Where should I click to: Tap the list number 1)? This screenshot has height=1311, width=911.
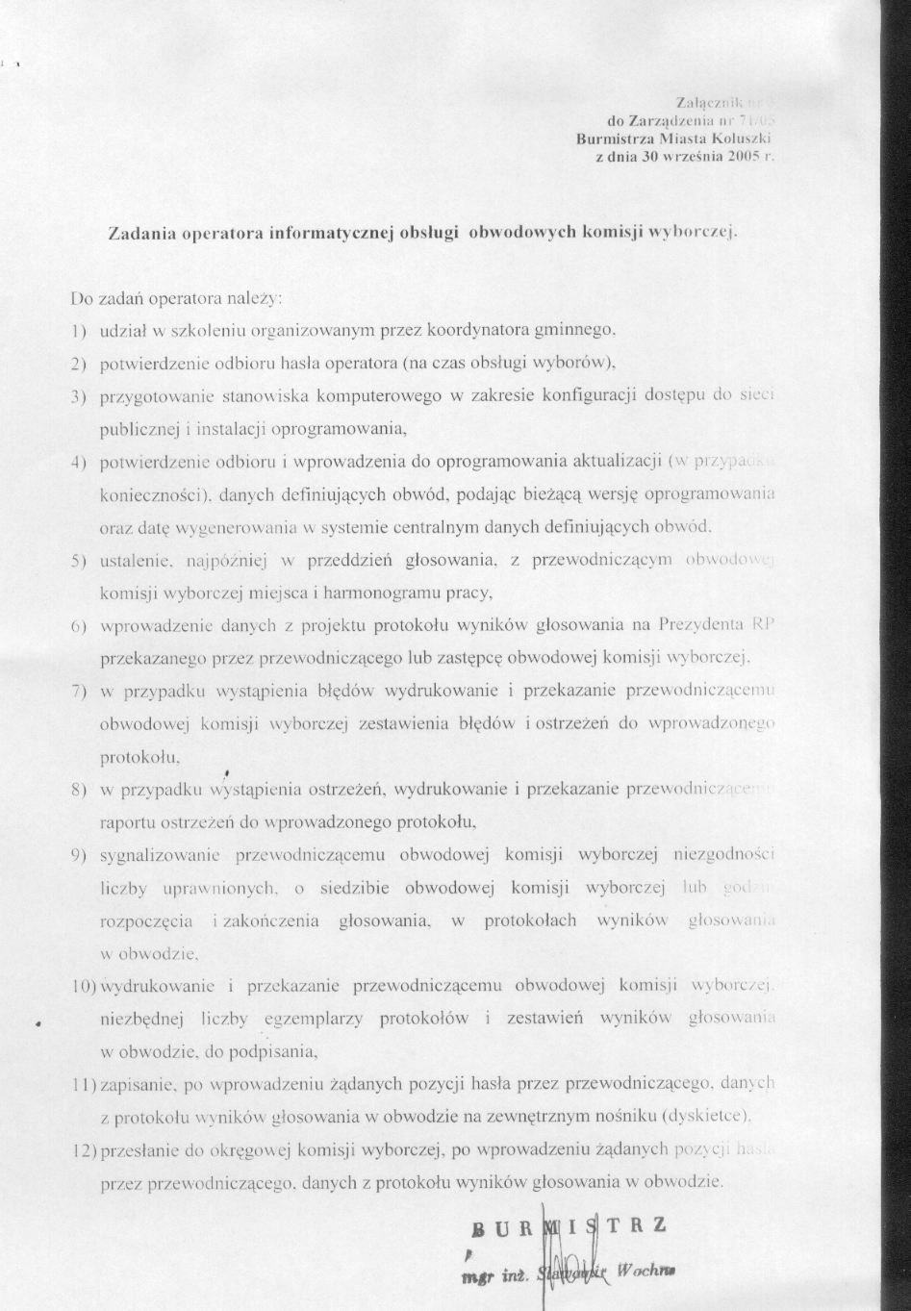click(x=80, y=331)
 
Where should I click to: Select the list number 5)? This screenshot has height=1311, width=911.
click(x=80, y=561)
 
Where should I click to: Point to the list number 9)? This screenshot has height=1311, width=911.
click(x=80, y=853)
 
